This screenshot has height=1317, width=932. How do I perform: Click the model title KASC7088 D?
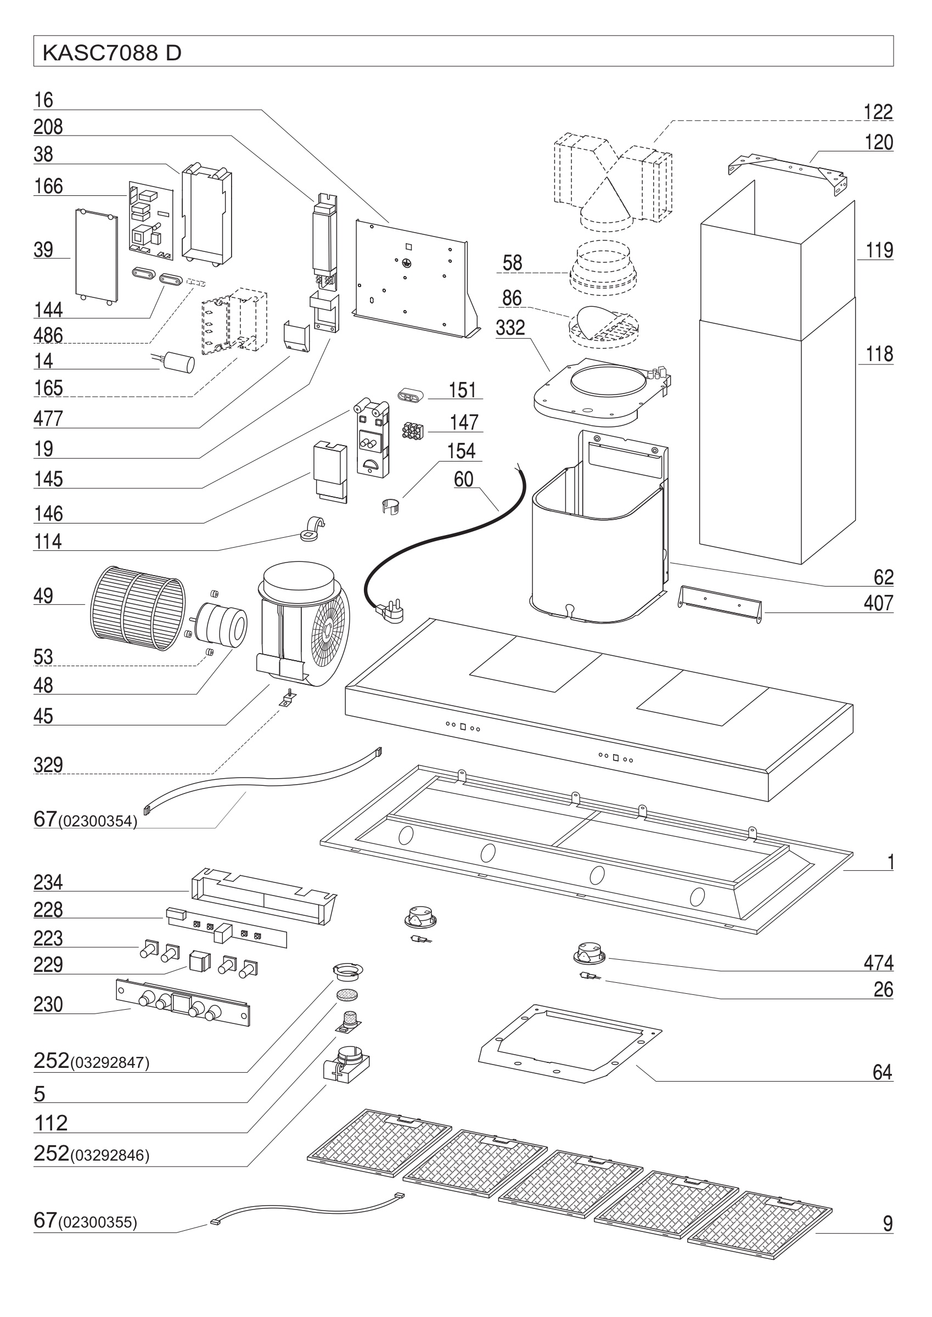(112, 53)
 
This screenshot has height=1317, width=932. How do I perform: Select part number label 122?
(878, 112)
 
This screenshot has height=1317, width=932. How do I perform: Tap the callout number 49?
(43, 596)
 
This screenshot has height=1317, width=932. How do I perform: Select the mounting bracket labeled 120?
(789, 170)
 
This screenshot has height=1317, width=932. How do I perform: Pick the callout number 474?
(878, 963)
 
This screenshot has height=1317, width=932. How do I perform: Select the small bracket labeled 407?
(720, 603)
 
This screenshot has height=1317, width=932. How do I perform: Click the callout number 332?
(510, 328)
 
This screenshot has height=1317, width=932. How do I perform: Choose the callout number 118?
(879, 354)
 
